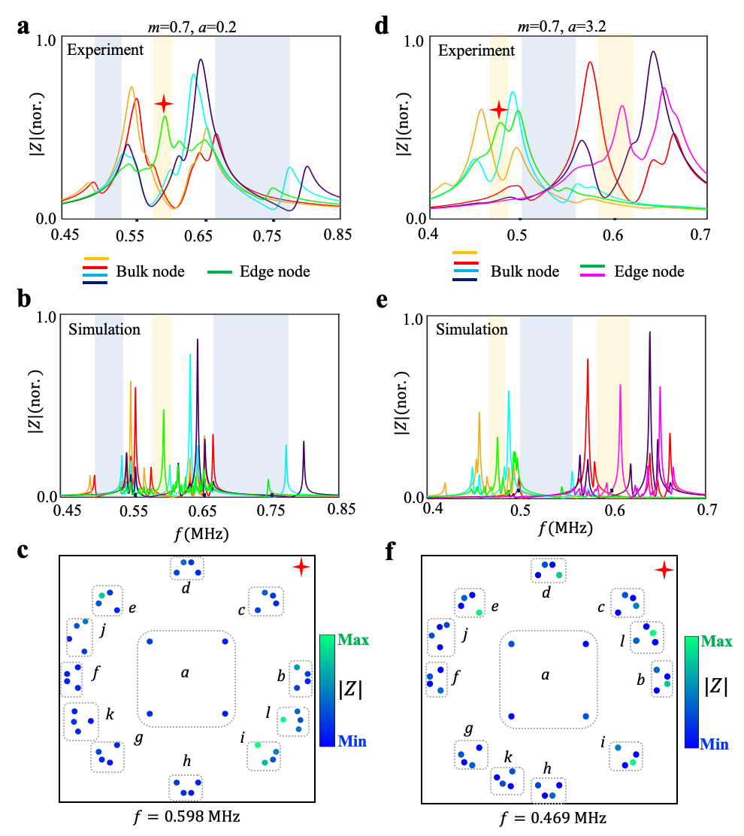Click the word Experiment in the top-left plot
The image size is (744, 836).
(x=105, y=50)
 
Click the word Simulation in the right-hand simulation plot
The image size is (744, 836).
(x=472, y=329)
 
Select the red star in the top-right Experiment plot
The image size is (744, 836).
(x=498, y=110)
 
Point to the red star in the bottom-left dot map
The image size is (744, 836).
(x=301, y=567)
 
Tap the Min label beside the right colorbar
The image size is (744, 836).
(x=714, y=744)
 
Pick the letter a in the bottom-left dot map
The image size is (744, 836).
(x=185, y=673)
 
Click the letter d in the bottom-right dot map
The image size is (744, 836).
(x=546, y=592)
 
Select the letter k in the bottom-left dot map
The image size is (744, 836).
(x=110, y=713)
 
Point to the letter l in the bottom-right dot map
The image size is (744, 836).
(x=622, y=641)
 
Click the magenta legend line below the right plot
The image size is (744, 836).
(x=592, y=275)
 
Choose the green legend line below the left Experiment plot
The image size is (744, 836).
(x=219, y=271)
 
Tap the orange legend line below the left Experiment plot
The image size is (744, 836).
(x=96, y=259)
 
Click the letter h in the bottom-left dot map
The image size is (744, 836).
(x=187, y=762)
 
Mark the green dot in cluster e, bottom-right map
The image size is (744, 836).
(x=479, y=613)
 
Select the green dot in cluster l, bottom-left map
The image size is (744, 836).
(x=283, y=719)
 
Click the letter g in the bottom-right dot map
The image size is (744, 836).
(x=469, y=729)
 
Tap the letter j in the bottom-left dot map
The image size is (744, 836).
(x=102, y=630)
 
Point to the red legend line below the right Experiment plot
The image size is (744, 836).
(x=466, y=263)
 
